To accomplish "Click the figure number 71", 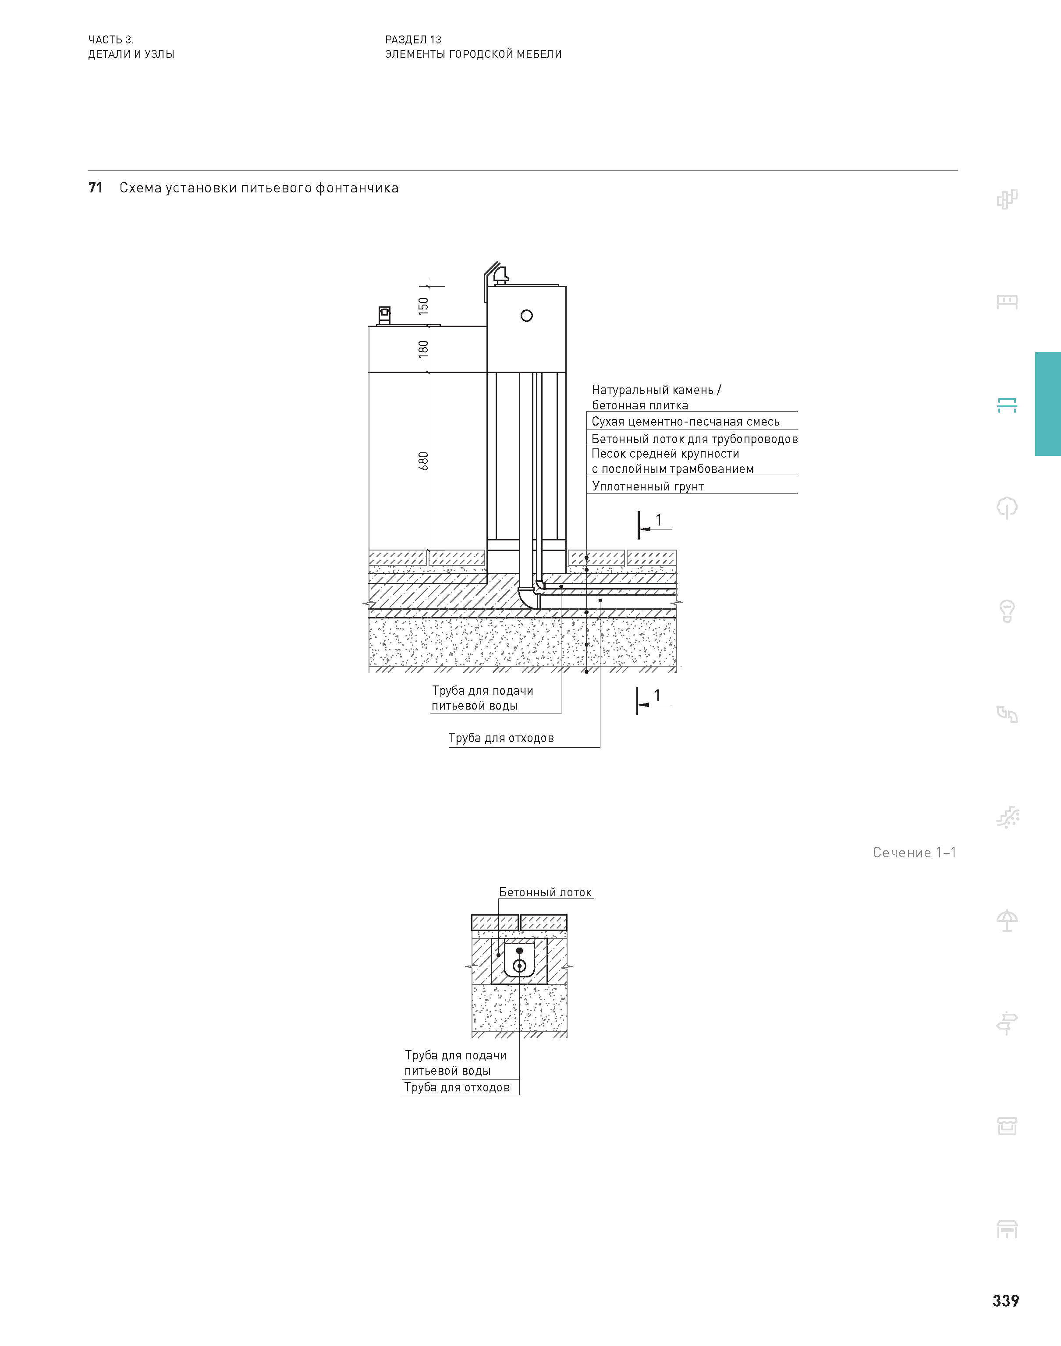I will [95, 188].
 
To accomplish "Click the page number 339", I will [1005, 1301].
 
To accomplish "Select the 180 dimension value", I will [423, 348].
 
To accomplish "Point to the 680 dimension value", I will [423, 461].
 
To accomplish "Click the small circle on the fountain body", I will [527, 316].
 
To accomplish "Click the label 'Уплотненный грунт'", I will [647, 487].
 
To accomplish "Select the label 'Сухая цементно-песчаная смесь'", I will [685, 422].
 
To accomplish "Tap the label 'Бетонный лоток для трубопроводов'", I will [694, 439].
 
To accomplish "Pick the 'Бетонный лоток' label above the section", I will [546, 892].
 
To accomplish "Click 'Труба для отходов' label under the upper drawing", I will [500, 738].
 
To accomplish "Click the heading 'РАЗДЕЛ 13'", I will [413, 40].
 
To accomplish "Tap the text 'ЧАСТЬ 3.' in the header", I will [110, 40].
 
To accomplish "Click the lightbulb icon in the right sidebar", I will [1007, 611].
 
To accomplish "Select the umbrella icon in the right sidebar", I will [1007, 920].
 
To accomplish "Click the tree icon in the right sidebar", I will [1007, 508].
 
